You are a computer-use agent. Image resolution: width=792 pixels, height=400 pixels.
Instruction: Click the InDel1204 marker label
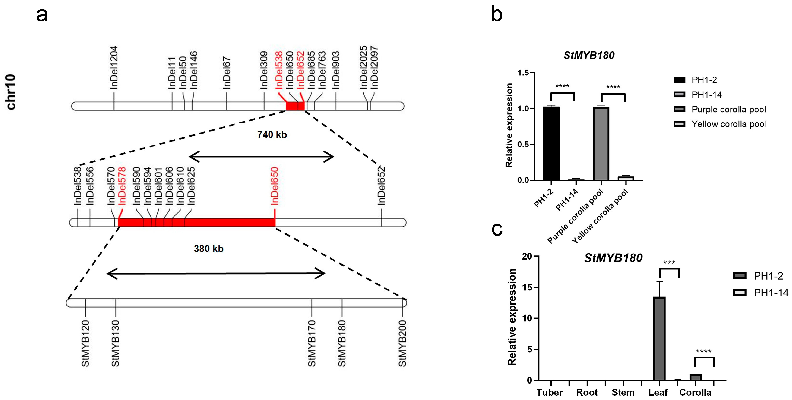[114, 68]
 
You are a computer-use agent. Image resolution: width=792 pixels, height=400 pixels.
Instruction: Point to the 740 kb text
[272, 135]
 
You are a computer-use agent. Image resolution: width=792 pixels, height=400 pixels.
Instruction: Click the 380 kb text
[208, 249]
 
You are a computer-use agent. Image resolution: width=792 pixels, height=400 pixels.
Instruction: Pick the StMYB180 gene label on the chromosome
[342, 343]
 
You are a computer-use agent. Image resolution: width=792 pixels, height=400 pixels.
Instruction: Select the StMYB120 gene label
[85, 343]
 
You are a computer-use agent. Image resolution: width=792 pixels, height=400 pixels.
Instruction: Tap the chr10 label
[11, 92]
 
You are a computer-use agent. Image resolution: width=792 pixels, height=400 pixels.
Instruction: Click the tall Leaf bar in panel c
[659, 338]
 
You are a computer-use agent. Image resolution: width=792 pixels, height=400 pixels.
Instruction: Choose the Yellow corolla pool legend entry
[729, 124]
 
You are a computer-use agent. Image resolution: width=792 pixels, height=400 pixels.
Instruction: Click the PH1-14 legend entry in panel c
[771, 293]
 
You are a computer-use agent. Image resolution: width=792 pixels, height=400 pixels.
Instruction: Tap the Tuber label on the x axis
[550, 392]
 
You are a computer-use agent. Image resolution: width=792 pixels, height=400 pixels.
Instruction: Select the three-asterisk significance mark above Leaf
[669, 263]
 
